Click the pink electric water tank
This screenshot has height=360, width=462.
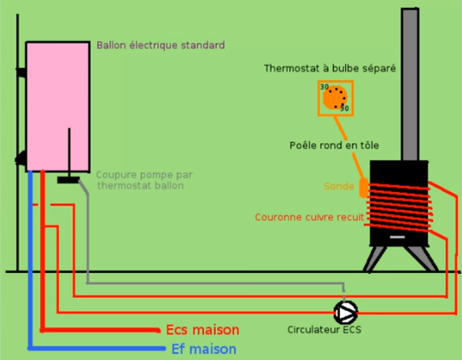(x=58, y=107)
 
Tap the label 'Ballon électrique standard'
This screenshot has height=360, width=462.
(x=161, y=45)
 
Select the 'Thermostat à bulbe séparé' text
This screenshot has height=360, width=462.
(x=330, y=68)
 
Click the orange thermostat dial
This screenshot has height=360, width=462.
(x=335, y=98)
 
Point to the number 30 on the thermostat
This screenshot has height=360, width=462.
(x=325, y=87)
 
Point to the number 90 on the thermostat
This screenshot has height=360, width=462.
(x=344, y=108)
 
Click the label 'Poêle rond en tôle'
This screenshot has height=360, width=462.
(x=334, y=145)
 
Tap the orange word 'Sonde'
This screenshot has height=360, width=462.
(x=339, y=186)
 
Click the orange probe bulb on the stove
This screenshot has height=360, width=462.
(x=364, y=187)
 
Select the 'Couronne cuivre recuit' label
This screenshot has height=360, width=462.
(x=309, y=218)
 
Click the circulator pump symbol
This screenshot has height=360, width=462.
(x=346, y=312)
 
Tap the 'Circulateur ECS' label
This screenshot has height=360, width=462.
(x=325, y=329)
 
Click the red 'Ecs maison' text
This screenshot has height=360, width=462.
(x=202, y=329)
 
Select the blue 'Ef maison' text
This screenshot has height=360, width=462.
(x=204, y=349)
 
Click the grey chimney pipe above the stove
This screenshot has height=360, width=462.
(x=410, y=84)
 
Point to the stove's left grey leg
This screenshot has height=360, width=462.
(x=374, y=259)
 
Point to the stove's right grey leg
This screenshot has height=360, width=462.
(x=422, y=258)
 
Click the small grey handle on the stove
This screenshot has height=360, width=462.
(x=397, y=237)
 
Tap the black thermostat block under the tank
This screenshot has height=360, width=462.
(x=68, y=180)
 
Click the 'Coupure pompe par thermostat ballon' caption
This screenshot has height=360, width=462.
(x=144, y=180)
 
